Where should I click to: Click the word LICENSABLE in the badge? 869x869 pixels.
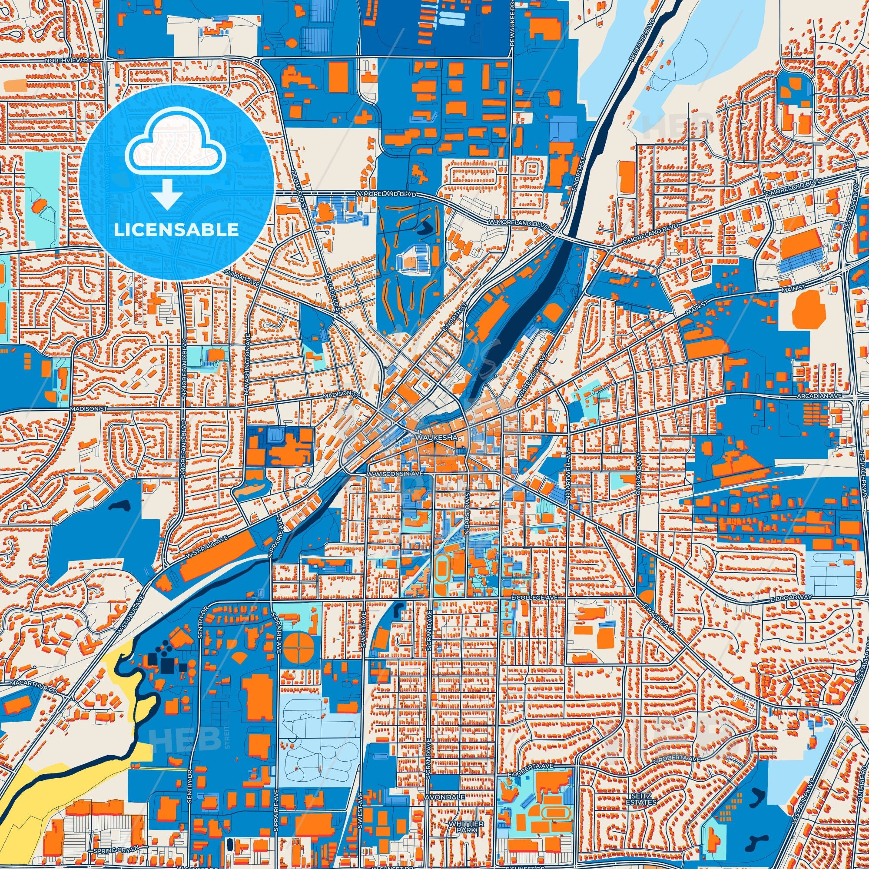(176, 229)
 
